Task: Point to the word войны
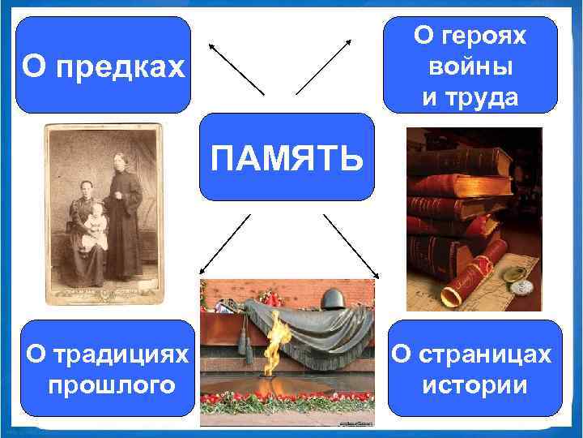[470, 67]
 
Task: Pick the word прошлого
[112, 384]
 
